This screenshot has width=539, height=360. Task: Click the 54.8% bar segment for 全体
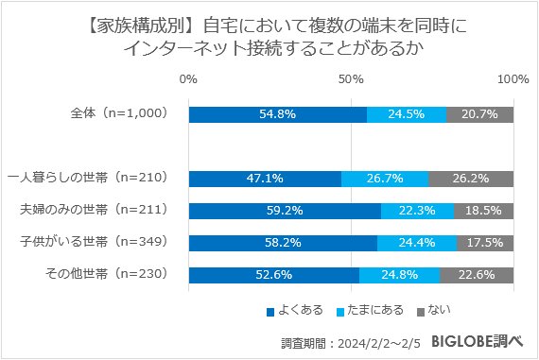278,114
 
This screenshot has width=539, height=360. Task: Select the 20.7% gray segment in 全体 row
480,114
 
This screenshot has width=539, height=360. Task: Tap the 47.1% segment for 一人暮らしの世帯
266,178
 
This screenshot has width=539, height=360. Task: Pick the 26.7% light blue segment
385,178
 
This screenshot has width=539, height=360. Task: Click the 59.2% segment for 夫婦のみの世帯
285,211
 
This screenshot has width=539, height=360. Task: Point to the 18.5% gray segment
483,211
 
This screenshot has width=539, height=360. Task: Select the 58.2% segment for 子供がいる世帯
284,243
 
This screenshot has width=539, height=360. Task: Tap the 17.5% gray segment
485,243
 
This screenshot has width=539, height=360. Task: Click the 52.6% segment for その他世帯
274,275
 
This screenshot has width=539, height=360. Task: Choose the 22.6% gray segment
477,275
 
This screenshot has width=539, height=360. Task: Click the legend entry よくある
299,310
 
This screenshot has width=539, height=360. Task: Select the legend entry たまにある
374,310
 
